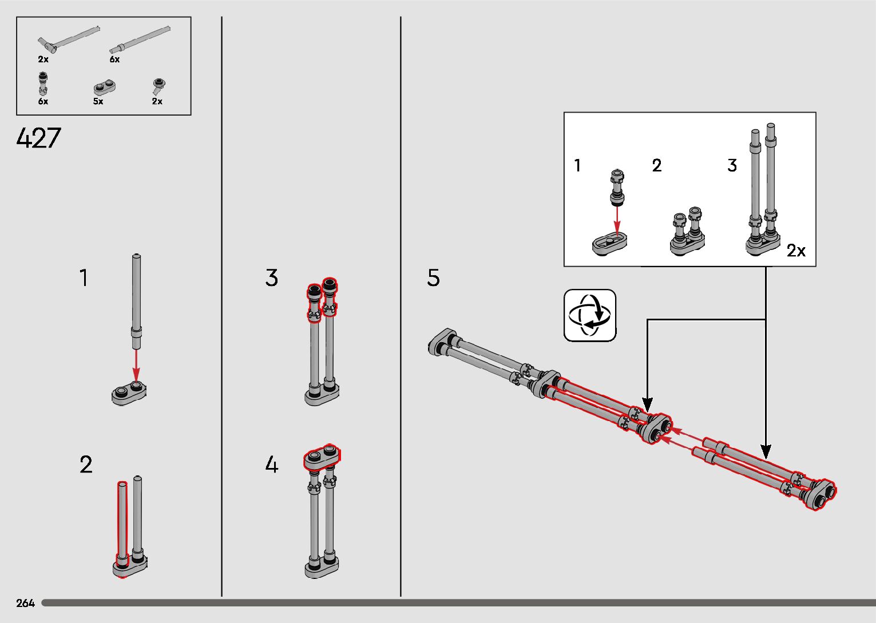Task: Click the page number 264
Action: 25,603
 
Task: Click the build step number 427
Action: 38,138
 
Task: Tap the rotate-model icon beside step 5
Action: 590,315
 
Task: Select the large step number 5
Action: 433,277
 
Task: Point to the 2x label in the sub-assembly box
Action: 796,251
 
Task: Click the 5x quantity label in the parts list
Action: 98,101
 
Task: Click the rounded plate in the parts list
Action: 105,88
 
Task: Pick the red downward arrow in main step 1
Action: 136,365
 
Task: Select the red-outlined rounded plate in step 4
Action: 322,457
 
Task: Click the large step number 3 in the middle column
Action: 271,277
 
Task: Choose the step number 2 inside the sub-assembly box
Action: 657,165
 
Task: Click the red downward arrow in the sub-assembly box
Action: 617,221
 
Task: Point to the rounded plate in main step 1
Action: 129,393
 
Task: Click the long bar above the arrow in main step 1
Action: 136,301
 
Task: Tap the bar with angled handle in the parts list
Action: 69,39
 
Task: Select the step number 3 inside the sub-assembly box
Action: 732,165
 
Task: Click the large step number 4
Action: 271,465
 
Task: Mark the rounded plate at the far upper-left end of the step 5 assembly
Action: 442,342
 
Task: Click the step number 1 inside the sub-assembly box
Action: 577,165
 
